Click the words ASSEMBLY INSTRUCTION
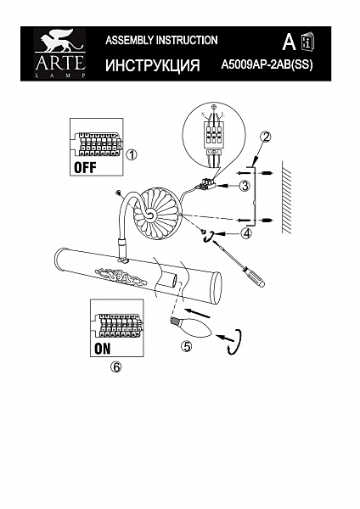[160, 40]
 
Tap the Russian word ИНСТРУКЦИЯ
[152, 65]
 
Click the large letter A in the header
[288, 42]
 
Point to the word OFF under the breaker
[87, 167]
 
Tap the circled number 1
[131, 155]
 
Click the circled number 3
[245, 186]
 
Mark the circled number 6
[116, 367]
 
